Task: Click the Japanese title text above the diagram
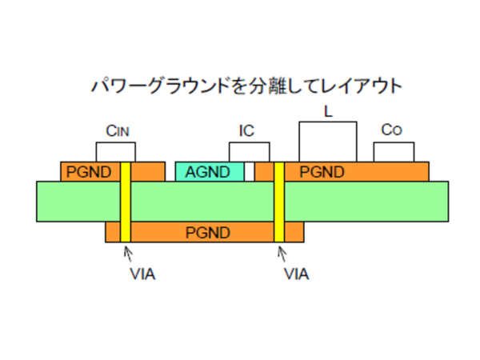[x=246, y=85]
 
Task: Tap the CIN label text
[x=117, y=130]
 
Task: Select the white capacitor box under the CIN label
[x=115, y=151]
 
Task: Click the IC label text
[x=246, y=130]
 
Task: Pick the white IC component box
[x=249, y=151]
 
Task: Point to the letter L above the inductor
[x=327, y=111]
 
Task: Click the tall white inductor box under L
[x=327, y=141]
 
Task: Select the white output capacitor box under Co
[x=394, y=151]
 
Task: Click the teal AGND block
[x=209, y=171]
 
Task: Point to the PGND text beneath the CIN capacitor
[x=90, y=171]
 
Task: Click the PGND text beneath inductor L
[x=322, y=171]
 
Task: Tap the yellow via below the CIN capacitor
[x=126, y=201]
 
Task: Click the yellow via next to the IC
[x=280, y=201]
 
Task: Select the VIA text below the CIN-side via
[x=142, y=274]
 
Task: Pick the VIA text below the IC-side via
[x=296, y=274]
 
